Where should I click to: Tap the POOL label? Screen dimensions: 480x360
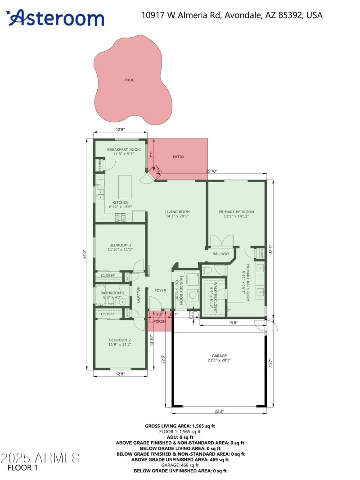129,80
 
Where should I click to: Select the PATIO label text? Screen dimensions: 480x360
178,157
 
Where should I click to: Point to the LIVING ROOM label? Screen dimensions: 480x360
177,211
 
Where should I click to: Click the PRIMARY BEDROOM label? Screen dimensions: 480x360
236,211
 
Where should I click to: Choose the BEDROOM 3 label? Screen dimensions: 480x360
120,245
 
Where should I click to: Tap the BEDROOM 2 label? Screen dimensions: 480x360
120,340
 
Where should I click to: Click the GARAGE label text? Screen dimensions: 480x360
220,355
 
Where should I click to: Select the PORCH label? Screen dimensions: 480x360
159,321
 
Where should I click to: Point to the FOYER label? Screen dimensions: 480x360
161,290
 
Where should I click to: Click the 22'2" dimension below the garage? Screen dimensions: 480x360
220,411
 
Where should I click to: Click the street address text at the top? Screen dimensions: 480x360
232,15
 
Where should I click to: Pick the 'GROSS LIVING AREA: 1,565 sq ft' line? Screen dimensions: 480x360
180,426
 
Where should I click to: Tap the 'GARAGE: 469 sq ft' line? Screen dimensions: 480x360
180,465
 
